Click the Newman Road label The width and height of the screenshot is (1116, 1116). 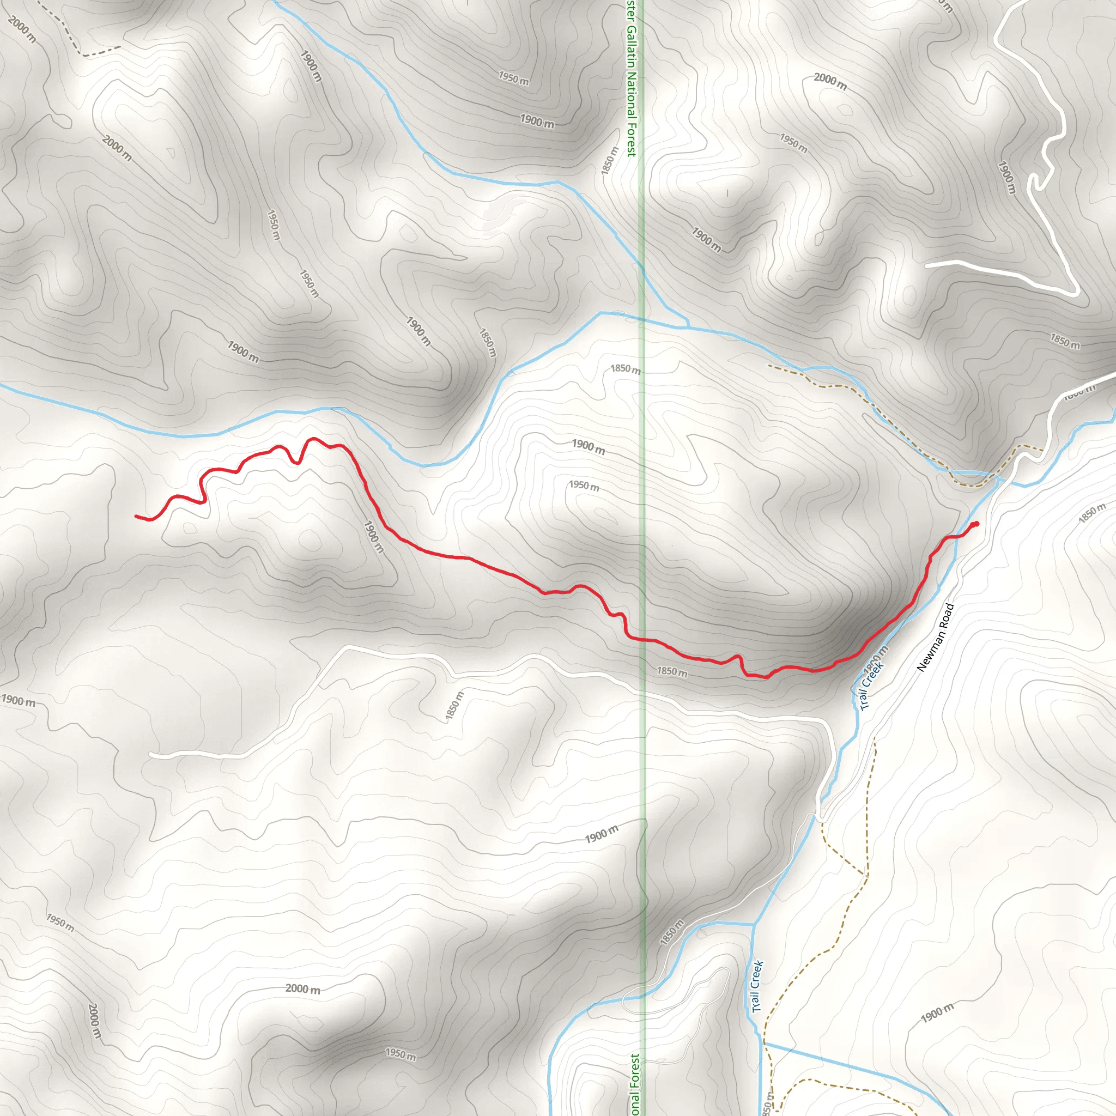click(936, 638)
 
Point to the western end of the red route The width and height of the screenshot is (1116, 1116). click(136, 516)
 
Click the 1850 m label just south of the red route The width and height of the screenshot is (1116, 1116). click(672, 672)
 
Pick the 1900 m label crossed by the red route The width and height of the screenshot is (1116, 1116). click(373, 537)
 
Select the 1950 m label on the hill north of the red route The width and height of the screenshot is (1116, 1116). click(584, 485)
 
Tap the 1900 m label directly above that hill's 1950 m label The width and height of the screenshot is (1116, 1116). click(588, 446)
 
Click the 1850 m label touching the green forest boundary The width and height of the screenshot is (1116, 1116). click(626, 368)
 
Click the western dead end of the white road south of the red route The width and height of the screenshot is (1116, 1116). click(150, 754)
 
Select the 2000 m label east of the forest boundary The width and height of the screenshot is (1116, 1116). click(830, 82)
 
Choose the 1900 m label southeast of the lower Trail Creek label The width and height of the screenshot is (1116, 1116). click(937, 1012)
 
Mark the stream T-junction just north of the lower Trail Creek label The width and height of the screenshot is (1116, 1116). click(754, 925)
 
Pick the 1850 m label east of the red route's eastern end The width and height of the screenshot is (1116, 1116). click(1091, 513)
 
